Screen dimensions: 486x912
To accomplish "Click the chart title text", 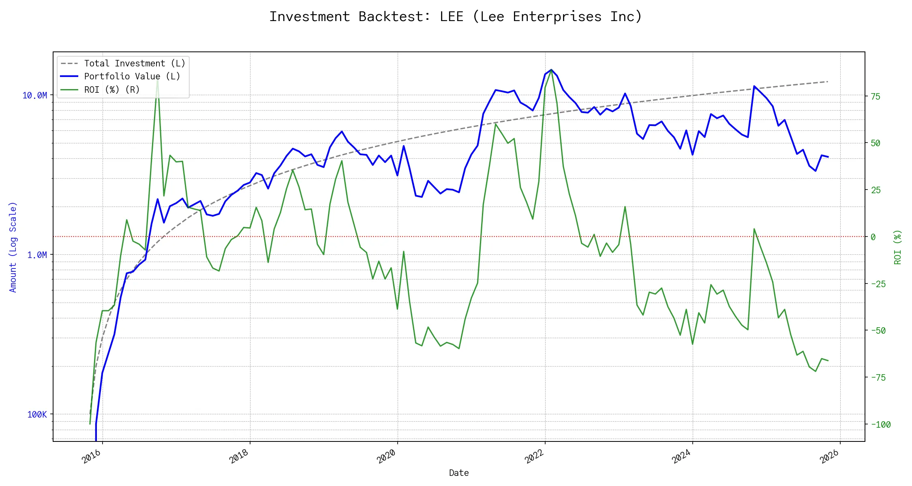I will [x=456, y=17].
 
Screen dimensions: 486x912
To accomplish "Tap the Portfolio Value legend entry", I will [x=132, y=77].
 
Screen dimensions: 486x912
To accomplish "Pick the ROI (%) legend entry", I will [x=112, y=90].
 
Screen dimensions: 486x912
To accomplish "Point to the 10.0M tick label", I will [x=34, y=96].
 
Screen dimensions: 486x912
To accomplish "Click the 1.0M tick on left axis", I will [x=37, y=255].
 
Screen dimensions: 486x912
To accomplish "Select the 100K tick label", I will [x=37, y=414].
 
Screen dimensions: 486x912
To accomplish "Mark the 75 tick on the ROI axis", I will [x=876, y=96].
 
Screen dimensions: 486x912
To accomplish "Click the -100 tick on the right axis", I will [x=881, y=424].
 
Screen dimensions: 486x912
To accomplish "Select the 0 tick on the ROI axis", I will [x=873, y=237].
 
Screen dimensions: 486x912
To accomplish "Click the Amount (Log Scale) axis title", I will [x=13, y=247].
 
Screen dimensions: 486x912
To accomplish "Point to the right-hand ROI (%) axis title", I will [x=897, y=247].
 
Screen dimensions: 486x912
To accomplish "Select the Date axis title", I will [x=459, y=473].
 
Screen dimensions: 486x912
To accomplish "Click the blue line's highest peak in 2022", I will [x=551, y=70].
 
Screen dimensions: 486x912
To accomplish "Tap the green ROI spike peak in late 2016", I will [x=158, y=80].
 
